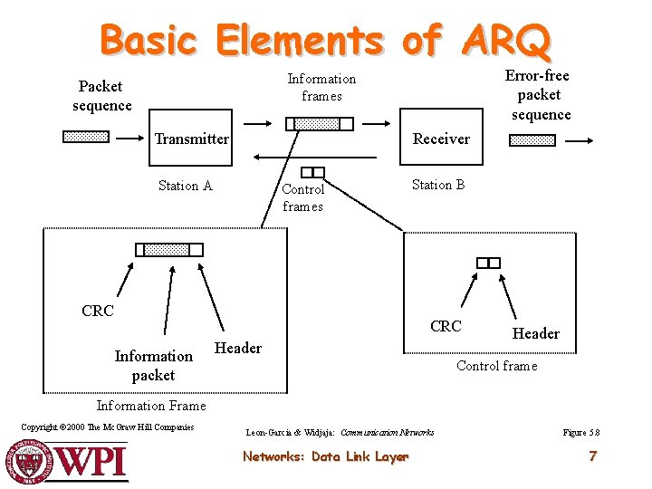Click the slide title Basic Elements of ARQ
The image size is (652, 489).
pos(325,40)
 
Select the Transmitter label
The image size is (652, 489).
pos(191,139)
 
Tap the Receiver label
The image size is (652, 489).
pos(441,139)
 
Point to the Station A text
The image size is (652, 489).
pos(185,186)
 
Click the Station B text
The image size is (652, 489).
pos(438,185)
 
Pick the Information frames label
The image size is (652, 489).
pos(321,87)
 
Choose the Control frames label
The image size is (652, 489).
pos(302,197)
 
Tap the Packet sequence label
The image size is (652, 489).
pos(101,96)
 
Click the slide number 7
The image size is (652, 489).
pos(592,456)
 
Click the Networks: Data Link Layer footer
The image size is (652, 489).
pos(325,456)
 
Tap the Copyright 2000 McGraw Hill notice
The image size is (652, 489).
pos(107,427)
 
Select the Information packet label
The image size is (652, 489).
pos(153,365)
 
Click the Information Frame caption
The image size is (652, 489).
pos(151,406)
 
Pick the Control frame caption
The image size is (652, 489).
pos(496,366)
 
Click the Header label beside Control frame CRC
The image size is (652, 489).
pos(536,333)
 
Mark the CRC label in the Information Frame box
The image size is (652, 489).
pos(98,311)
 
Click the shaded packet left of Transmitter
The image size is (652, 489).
pos(86,138)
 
